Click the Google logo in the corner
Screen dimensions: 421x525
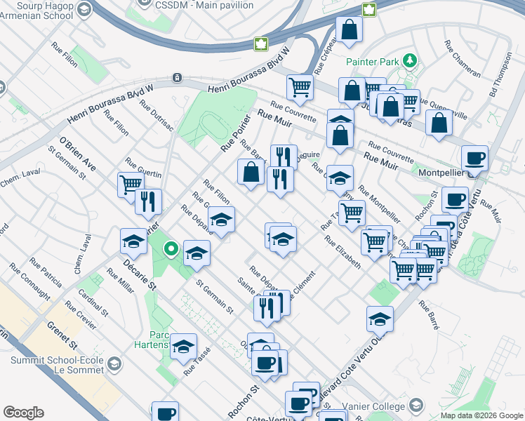coord(23,413)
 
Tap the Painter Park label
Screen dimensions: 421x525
coord(372,62)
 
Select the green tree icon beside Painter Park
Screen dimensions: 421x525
coord(411,62)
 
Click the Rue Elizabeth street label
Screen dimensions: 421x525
coord(343,251)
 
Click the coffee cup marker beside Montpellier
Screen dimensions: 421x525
coord(474,159)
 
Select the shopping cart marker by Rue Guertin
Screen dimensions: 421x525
coord(130,185)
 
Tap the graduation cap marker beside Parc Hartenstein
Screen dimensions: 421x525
coord(183,347)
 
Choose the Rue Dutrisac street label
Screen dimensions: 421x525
coord(156,115)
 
